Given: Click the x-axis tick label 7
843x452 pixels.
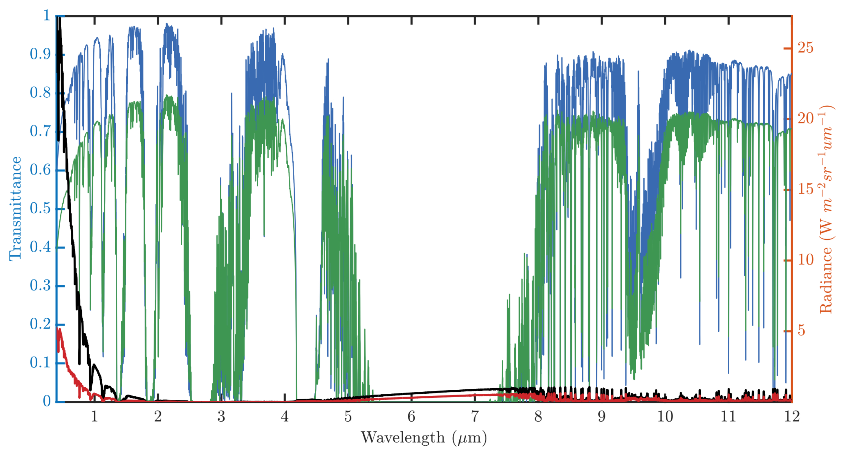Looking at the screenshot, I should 475,417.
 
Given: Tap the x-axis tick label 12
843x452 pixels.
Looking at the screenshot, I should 792,417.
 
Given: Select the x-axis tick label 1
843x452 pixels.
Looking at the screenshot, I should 95,417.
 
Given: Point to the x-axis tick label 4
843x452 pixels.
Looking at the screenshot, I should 285,417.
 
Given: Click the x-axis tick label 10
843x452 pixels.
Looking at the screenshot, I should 665,417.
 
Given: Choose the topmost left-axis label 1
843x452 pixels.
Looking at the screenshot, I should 47,15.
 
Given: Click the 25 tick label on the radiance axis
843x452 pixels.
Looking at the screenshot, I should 805,48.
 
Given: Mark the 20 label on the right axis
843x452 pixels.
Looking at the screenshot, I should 805,118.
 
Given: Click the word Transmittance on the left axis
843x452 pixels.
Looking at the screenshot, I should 15,208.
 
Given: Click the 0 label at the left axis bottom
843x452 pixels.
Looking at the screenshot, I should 47,401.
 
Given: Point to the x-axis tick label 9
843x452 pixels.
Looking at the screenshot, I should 601,417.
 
